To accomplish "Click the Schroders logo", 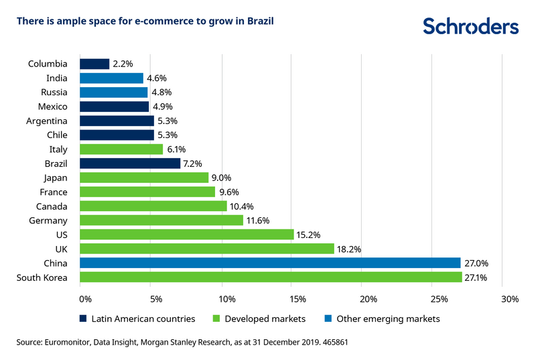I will point(471,26).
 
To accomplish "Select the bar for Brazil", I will point(130,163).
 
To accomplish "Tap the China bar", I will point(270,262).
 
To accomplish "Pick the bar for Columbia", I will point(94,64).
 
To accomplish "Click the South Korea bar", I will point(271,277).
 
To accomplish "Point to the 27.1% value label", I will point(476,277).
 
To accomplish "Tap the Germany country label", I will point(48,220).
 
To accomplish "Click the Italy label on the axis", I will point(58,149).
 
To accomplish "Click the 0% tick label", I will point(86,298).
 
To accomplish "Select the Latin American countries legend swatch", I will point(83,319).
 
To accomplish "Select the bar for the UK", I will point(207,248).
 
